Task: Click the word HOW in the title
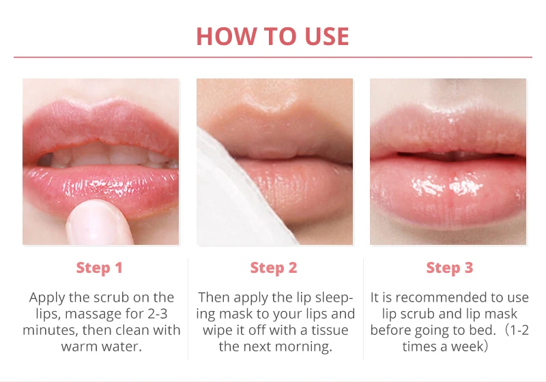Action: (x=227, y=36)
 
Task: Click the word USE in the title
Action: (x=327, y=36)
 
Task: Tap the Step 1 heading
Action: (x=99, y=267)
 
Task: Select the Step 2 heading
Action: (x=274, y=267)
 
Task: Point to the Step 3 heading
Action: (x=450, y=267)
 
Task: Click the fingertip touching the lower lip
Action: (x=98, y=222)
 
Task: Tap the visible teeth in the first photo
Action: (x=108, y=156)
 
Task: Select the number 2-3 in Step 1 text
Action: (x=158, y=314)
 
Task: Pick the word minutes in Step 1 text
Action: (x=50, y=330)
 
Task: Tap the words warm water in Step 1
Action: (x=101, y=347)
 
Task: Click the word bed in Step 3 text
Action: (x=483, y=330)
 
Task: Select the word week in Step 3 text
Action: (x=466, y=347)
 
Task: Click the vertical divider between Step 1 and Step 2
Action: (x=188, y=308)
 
